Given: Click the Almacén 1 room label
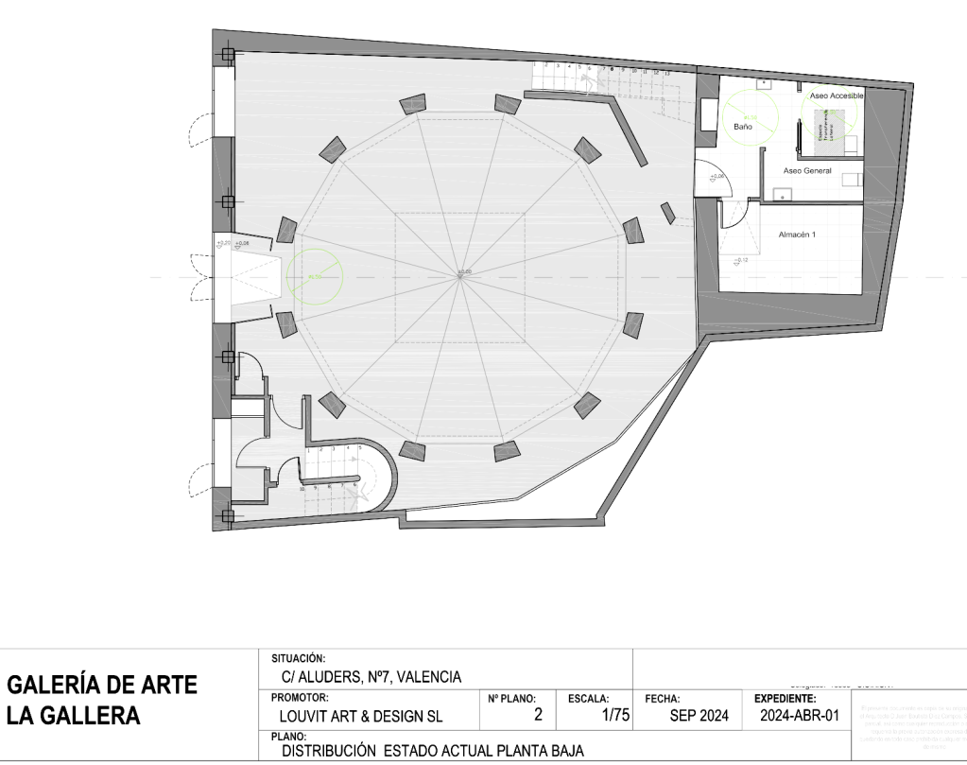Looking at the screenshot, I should click(x=797, y=233).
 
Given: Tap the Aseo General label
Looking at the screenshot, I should click(x=807, y=170).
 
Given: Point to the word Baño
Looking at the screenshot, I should click(x=742, y=126).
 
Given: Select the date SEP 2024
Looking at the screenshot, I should click(x=699, y=716).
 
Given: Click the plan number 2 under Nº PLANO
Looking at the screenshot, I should click(x=538, y=716).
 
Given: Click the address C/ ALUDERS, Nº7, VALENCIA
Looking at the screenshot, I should click(x=371, y=676).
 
